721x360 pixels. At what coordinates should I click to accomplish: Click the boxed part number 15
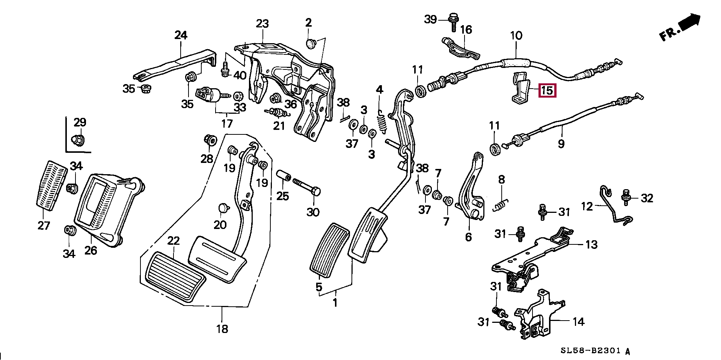(x=547, y=90)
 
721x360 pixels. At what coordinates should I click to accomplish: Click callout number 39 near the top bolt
(x=431, y=19)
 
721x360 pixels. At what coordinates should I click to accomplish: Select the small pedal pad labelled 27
(x=51, y=186)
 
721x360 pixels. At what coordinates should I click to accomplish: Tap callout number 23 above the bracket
(x=262, y=24)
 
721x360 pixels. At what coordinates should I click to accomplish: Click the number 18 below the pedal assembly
(x=222, y=329)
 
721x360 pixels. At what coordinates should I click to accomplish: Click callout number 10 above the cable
(x=516, y=36)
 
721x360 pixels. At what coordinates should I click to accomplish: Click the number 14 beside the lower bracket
(x=578, y=321)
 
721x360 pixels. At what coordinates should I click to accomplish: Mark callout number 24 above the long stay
(x=181, y=36)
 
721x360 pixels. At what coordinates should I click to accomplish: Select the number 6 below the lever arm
(x=468, y=237)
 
